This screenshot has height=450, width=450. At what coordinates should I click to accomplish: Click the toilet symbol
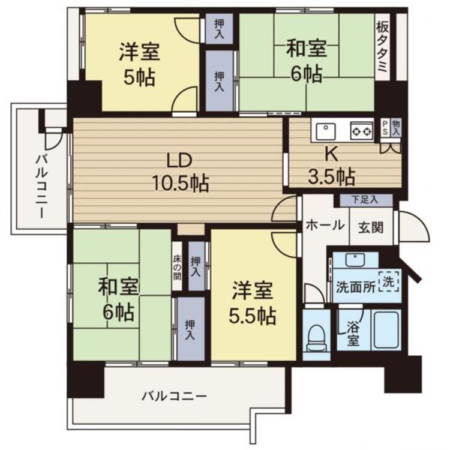tap(316, 338)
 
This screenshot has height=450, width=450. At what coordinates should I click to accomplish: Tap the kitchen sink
tap(325, 132)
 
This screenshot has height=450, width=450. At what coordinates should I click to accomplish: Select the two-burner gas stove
tap(362, 132)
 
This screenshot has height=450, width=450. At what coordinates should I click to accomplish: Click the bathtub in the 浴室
tap(385, 331)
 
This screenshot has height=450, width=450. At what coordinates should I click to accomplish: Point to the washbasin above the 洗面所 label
tap(356, 260)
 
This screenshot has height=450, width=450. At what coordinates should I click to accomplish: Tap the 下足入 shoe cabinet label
tap(365, 200)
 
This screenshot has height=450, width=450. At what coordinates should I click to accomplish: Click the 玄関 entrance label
tap(371, 228)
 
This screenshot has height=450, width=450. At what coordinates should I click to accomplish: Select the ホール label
tap(325, 225)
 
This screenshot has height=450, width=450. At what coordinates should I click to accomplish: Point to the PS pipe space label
tap(385, 128)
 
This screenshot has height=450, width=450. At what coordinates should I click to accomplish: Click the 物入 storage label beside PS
tap(396, 128)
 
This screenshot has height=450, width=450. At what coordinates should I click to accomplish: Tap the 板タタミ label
tap(383, 47)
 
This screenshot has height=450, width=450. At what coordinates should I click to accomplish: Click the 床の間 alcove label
tap(177, 268)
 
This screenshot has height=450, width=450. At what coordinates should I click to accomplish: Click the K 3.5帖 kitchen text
tap(331, 167)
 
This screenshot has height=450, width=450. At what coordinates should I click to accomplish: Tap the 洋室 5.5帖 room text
tap(253, 303)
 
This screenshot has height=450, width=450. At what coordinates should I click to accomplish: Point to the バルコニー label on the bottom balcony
tap(175, 397)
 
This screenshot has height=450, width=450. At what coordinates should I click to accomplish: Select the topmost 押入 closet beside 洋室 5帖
tap(220, 29)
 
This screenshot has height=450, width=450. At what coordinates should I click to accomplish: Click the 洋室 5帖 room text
tap(139, 64)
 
